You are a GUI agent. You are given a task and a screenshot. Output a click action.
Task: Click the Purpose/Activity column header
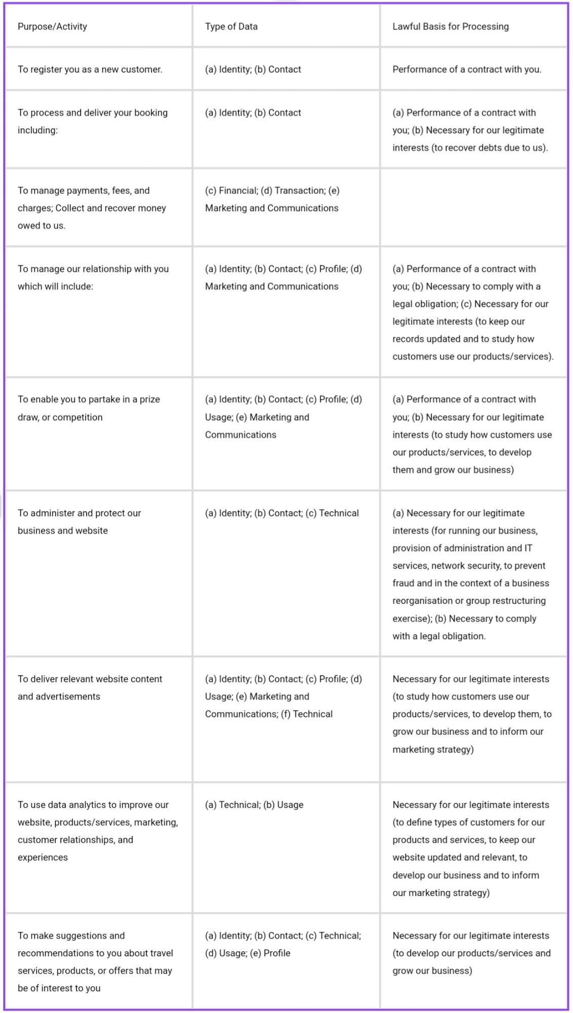pyautogui.click(x=52, y=26)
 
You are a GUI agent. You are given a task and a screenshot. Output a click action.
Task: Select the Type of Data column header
pyautogui.click(x=231, y=26)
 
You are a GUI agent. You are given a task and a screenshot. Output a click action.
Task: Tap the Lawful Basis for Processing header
pyautogui.click(x=451, y=26)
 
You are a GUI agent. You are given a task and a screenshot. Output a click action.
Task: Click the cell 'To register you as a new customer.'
pyautogui.click(x=90, y=69)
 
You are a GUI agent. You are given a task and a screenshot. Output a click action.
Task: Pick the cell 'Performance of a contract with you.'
pyautogui.click(x=467, y=69)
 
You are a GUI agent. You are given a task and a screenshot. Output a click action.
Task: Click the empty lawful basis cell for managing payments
pyautogui.click(x=473, y=208)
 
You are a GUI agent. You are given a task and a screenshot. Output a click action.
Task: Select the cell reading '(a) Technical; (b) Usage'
pyautogui.click(x=254, y=804)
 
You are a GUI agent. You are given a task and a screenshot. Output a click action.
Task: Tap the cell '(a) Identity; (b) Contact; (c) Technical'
pyautogui.click(x=281, y=513)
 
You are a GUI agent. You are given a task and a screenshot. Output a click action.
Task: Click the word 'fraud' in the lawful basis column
pyautogui.click(x=403, y=583)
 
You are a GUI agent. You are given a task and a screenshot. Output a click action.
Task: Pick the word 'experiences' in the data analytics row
pyautogui.click(x=43, y=857)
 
